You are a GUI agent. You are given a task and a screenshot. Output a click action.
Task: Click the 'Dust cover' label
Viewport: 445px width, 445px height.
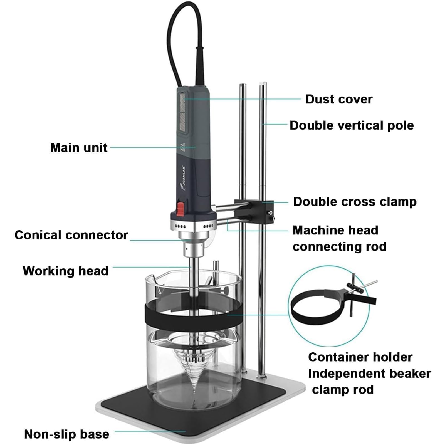pyautogui.click(x=339, y=99)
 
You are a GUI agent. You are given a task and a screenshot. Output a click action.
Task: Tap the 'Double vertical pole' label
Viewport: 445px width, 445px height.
pyautogui.click(x=352, y=125)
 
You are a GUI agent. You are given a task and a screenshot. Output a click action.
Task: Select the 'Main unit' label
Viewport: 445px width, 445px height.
pyautogui.click(x=79, y=148)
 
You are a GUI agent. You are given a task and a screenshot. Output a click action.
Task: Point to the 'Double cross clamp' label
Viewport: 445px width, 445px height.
pyautogui.click(x=355, y=202)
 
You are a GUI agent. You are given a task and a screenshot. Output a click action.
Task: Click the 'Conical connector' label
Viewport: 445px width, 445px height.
pyautogui.click(x=71, y=235)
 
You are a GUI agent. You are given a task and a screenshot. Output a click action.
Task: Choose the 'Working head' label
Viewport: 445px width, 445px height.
pyautogui.click(x=65, y=271)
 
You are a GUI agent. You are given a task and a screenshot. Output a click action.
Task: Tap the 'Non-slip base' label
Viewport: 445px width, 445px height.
pyautogui.click(x=67, y=434)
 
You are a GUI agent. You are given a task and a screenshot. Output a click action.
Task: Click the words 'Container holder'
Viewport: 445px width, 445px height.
pyautogui.click(x=360, y=357)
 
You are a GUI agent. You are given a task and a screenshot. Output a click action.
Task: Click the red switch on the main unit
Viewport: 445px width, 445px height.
pyautogui.click(x=181, y=208)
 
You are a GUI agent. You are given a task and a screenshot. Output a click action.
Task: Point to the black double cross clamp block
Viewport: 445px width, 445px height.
pyautogui.click(x=254, y=212)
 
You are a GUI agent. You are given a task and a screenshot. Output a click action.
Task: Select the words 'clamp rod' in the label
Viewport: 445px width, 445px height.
pyautogui.click(x=343, y=390)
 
